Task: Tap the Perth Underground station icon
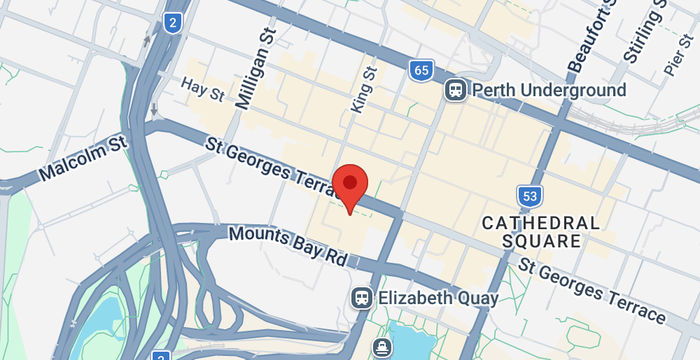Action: [x=456, y=90]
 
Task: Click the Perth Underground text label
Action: [x=549, y=90]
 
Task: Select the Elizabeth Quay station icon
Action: [x=361, y=298]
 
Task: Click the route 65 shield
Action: [x=421, y=70]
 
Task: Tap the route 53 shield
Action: [x=530, y=196]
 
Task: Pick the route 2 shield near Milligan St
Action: [x=173, y=21]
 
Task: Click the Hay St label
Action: [x=204, y=88]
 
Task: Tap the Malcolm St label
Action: [x=85, y=159]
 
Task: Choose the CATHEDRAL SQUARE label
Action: [x=541, y=232]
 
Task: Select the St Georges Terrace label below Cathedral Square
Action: [x=591, y=290]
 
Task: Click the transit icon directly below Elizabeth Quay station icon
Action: [x=382, y=347]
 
